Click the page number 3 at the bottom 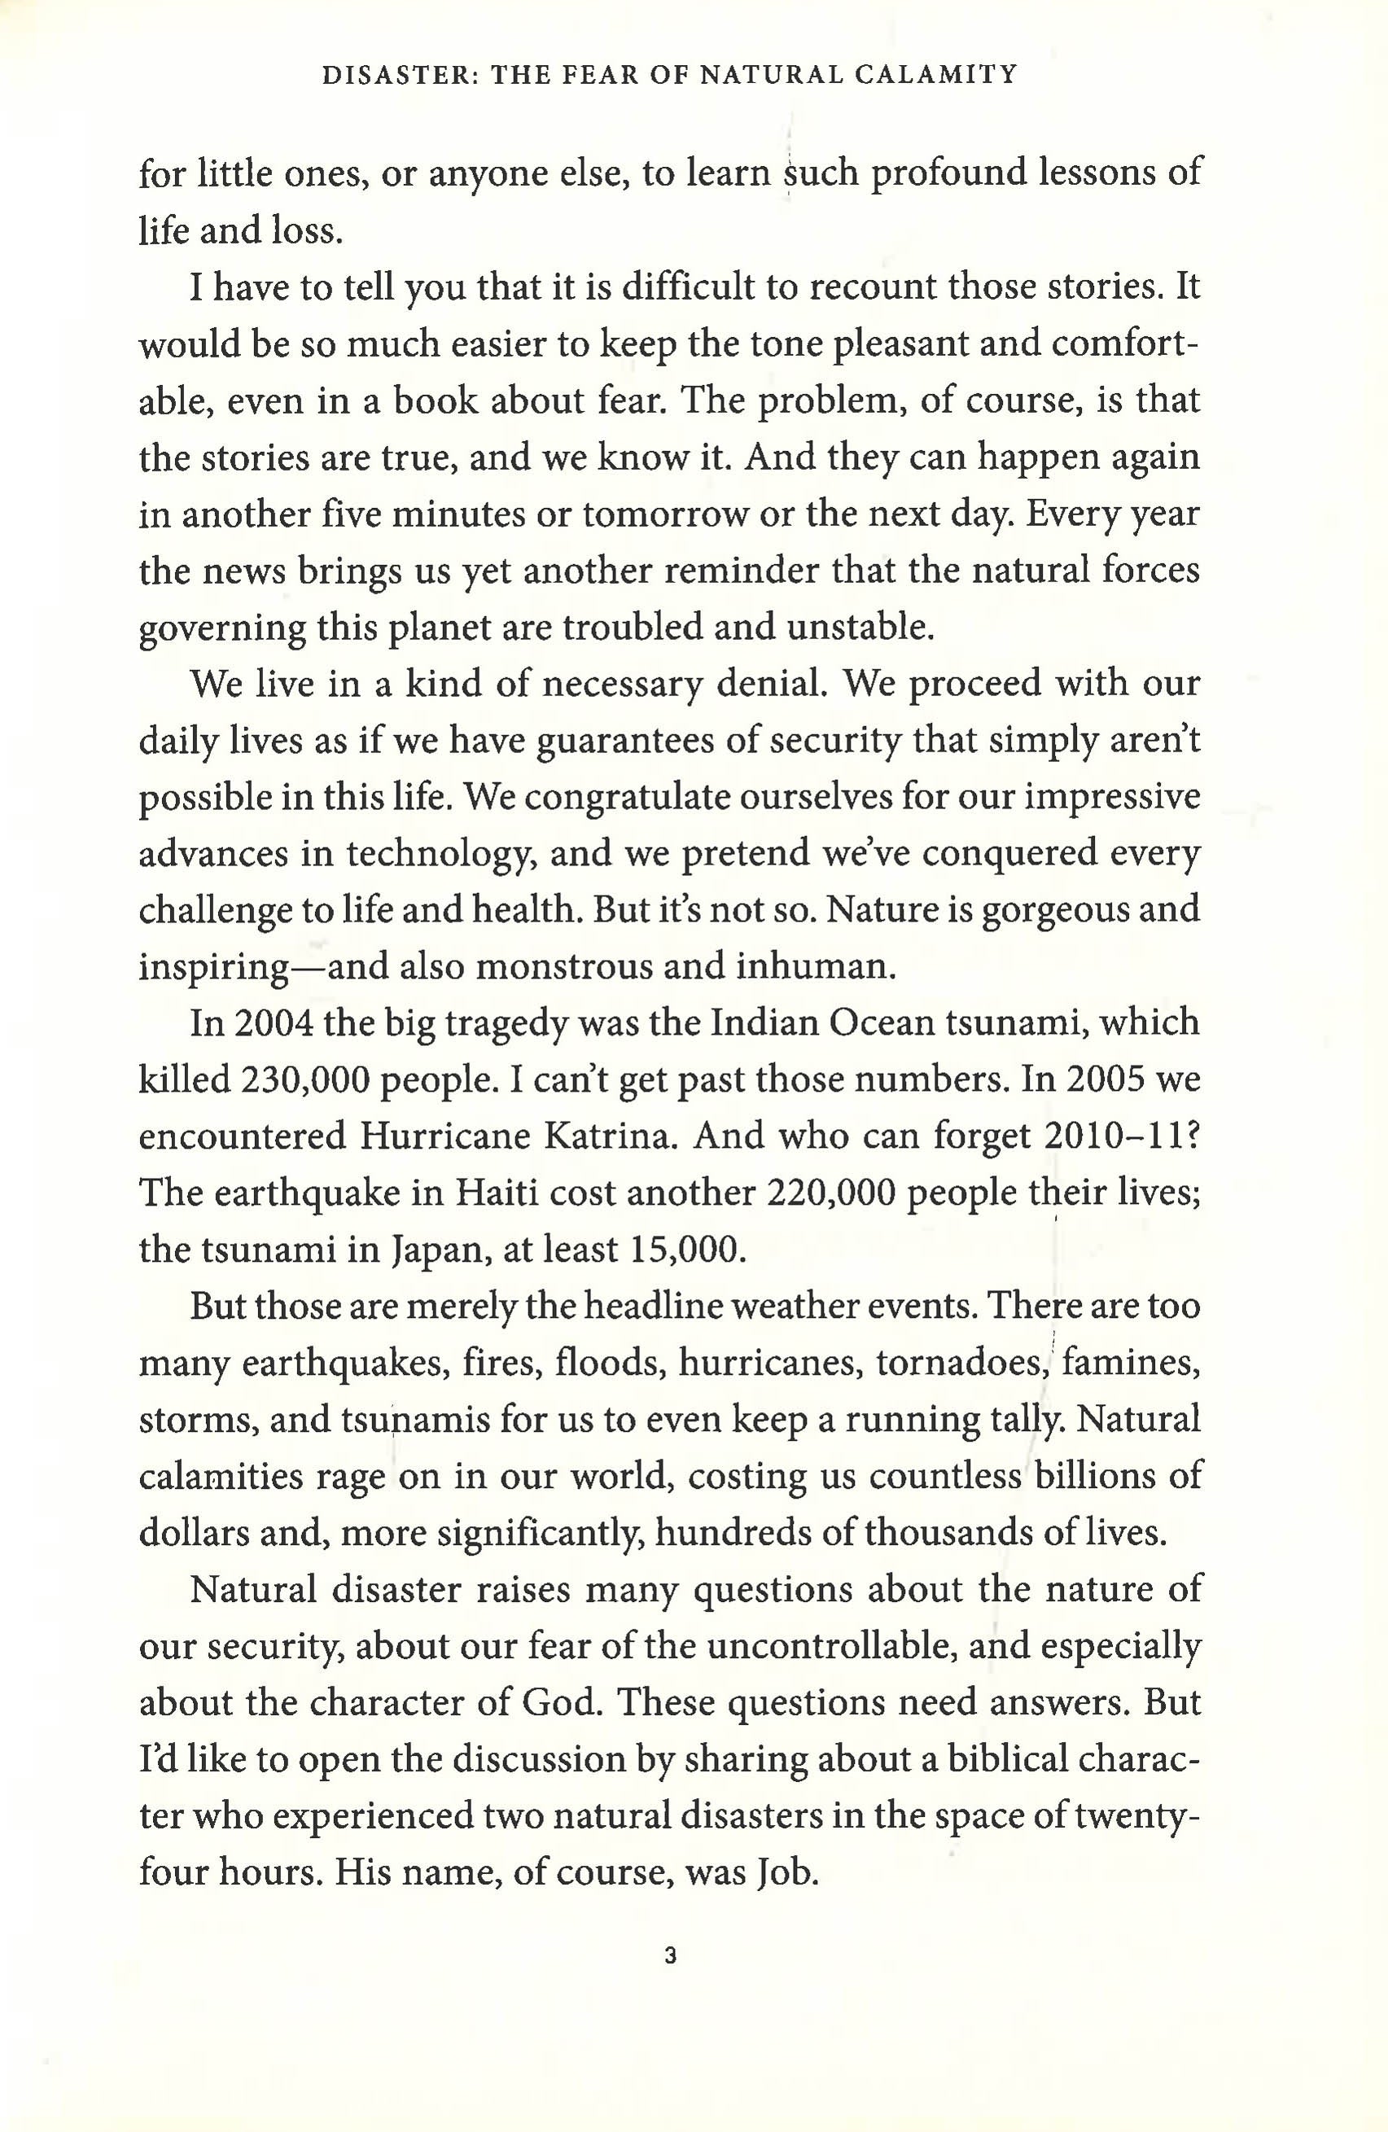pyautogui.click(x=670, y=1957)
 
